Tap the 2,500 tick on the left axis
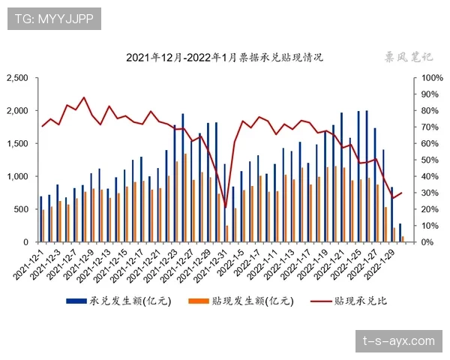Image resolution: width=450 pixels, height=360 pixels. pyautogui.click(x=17, y=78)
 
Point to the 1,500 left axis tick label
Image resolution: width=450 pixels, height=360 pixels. pyautogui.click(x=17, y=143)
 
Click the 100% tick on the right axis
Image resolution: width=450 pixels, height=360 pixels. pyautogui.click(x=433, y=78)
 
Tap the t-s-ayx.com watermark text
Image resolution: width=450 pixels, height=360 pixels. pyautogui.click(x=397, y=341)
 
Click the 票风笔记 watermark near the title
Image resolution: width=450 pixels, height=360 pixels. pyautogui.click(x=409, y=56)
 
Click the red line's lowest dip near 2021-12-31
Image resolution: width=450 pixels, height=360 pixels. pyautogui.click(x=225, y=208)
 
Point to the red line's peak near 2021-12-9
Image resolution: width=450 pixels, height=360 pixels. pyautogui.click(x=83, y=97)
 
